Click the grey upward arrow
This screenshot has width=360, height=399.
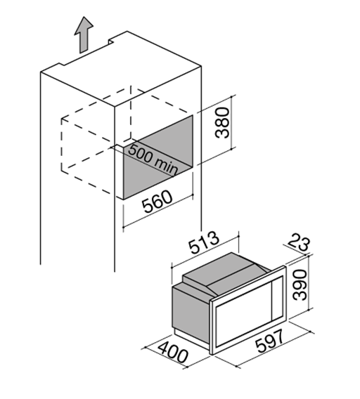point(84,35)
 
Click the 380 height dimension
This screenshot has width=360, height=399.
point(222,122)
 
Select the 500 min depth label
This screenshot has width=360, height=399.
point(153,159)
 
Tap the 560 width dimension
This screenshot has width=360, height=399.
point(157,202)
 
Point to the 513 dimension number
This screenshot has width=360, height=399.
point(204,242)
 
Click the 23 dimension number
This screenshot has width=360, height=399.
point(299,244)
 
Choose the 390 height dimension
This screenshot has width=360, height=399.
point(299,285)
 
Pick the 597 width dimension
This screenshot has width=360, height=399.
point(269,341)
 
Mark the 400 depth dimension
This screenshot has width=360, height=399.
point(173,353)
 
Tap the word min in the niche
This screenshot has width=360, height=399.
point(166,166)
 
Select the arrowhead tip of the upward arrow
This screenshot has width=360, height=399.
point(84,17)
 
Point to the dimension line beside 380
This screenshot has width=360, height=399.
point(231,122)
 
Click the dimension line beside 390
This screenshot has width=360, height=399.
point(309,282)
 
